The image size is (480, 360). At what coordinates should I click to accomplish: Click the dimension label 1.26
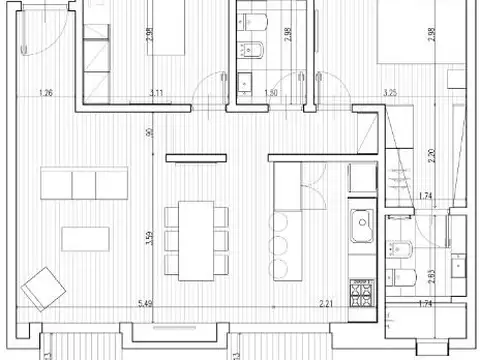click(45, 94)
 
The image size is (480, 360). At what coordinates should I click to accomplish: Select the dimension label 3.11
click(156, 94)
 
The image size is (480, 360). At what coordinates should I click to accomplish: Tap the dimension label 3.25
click(391, 94)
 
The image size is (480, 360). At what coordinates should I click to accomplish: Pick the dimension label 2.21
click(326, 303)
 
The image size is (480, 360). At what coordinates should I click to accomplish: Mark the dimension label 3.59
click(148, 239)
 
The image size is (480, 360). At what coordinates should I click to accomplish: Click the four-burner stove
click(360, 294)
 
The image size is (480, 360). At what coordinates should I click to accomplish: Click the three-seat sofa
click(84, 183)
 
